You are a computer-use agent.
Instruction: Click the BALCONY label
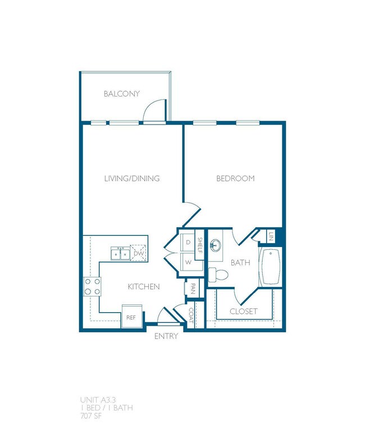(x=121, y=94)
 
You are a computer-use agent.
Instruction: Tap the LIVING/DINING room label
(x=132, y=179)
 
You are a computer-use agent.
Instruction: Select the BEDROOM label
(x=236, y=179)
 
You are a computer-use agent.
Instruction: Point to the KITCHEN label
(x=144, y=287)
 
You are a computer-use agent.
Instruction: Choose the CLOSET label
(x=244, y=311)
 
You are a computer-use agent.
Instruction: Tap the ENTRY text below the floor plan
(x=166, y=336)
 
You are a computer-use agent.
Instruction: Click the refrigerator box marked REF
(x=131, y=317)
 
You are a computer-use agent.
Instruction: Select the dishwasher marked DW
(x=138, y=254)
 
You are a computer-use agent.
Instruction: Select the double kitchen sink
(x=120, y=254)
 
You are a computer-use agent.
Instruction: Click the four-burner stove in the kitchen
(x=92, y=287)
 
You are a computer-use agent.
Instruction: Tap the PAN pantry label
(x=192, y=289)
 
